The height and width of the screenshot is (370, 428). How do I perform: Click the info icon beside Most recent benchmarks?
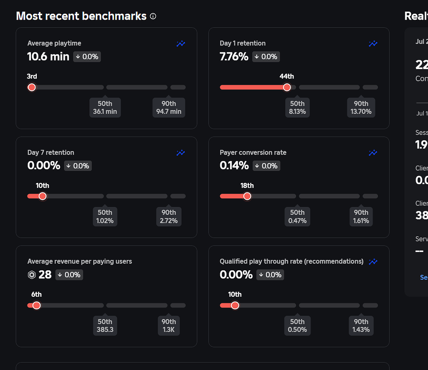click(x=153, y=16)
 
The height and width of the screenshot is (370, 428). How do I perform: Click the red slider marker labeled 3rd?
click(x=31, y=87)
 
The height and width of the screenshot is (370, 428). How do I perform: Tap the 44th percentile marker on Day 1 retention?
click(x=287, y=87)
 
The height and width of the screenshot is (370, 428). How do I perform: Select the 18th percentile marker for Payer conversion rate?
click(x=247, y=196)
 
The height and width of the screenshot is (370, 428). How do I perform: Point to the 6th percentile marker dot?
click(x=36, y=305)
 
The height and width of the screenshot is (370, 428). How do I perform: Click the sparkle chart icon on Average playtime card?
click(x=181, y=44)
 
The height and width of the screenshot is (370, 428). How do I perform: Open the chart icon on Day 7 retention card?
click(x=181, y=153)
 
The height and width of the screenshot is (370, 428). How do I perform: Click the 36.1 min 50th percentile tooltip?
click(x=105, y=108)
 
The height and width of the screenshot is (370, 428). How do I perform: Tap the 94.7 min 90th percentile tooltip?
click(x=169, y=108)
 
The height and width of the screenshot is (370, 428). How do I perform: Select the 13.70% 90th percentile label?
click(x=361, y=108)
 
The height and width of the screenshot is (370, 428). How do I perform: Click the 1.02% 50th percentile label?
click(x=105, y=217)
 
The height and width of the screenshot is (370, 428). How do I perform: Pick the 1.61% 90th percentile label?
click(x=361, y=217)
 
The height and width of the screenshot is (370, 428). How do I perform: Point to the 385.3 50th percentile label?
click(x=105, y=326)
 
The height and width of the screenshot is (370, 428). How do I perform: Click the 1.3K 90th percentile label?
click(x=169, y=326)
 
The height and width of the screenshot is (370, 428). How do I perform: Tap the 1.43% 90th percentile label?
click(x=361, y=326)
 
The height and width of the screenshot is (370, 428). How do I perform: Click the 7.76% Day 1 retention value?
click(x=234, y=57)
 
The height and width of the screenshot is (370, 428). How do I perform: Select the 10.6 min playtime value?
click(x=48, y=57)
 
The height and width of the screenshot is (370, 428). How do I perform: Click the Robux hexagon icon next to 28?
click(x=32, y=275)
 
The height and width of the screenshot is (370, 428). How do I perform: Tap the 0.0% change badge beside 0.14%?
click(x=266, y=166)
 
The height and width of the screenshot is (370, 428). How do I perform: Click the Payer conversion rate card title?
click(x=253, y=152)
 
